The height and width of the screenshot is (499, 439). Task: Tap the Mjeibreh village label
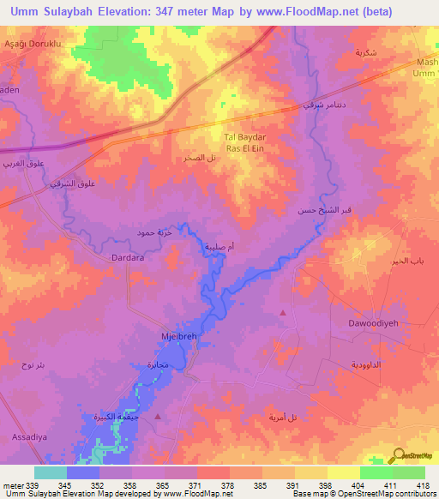(x=180, y=337)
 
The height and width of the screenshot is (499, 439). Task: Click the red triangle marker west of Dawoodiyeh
(x=283, y=313)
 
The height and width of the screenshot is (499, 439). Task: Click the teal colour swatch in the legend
(x=50, y=472)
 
